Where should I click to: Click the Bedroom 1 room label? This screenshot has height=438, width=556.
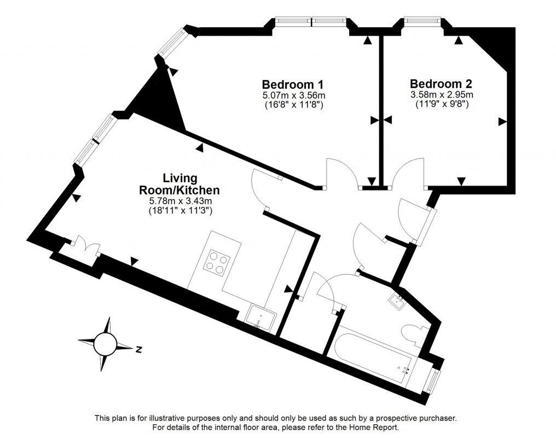[292, 85]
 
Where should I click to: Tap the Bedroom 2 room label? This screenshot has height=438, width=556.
[441, 84]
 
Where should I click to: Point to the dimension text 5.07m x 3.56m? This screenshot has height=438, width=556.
[293, 95]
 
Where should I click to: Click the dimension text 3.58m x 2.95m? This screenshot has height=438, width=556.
[441, 95]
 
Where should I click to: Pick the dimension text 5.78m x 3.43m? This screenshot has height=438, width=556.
[180, 201]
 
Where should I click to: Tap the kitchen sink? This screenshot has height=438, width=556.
[261, 317]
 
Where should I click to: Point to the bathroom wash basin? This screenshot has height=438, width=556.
[397, 299]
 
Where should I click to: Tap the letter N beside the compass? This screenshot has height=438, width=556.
[140, 349]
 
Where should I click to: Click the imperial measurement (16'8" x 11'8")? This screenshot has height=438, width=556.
[293, 104]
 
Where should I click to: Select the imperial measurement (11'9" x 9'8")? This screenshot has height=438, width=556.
[441, 103]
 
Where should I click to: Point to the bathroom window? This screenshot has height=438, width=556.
[433, 380]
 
